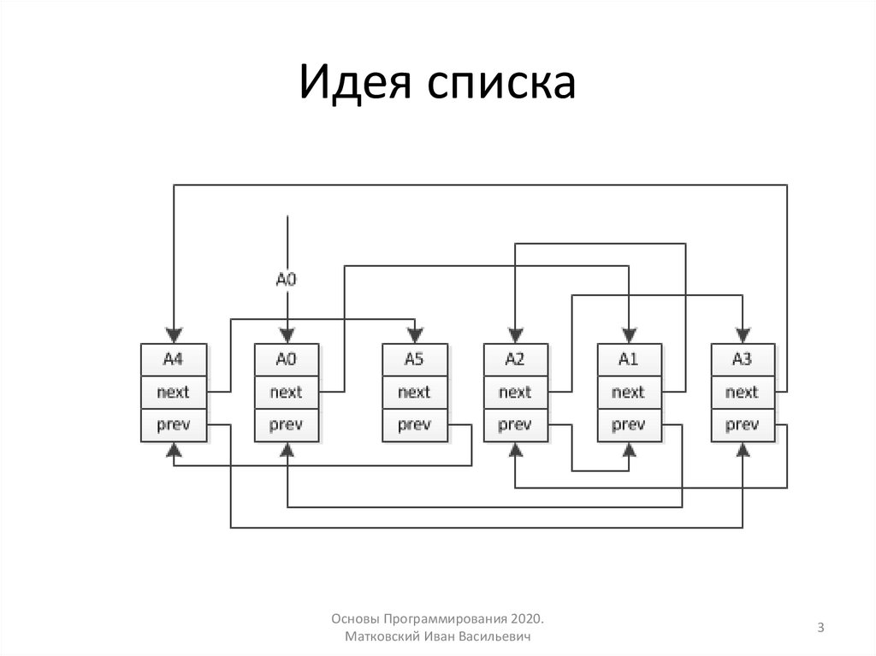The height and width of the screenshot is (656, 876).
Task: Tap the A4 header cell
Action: point(174,360)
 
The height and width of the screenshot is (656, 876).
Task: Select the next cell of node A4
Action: point(174,393)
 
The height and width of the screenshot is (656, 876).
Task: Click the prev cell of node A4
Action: point(174,424)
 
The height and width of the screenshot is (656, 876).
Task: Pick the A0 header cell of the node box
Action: point(287,360)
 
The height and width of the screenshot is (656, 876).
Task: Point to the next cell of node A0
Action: point(287,393)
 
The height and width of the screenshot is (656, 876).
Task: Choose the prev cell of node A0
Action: point(287,424)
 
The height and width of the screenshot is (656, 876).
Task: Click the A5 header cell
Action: point(414,360)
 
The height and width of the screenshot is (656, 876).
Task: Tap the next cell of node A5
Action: point(414,393)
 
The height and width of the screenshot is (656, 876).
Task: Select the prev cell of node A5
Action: point(414,424)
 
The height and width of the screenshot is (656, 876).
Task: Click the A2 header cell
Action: point(515,360)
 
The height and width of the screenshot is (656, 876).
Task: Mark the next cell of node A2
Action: point(515,393)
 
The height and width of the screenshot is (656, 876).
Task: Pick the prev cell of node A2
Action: point(515,424)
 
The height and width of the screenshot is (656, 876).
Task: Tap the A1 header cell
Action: point(629,360)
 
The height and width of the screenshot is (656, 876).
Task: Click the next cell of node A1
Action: point(629,393)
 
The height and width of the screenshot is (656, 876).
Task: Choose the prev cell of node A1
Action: point(629,424)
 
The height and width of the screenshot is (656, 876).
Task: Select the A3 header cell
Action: point(743,360)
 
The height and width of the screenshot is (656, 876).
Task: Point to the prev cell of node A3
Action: point(743,424)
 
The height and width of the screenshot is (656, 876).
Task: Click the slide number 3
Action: point(820,629)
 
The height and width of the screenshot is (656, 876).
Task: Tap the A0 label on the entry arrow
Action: point(287,278)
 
